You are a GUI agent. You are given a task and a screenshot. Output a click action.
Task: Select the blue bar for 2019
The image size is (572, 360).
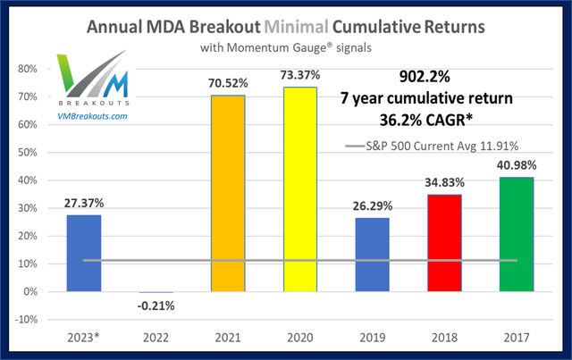tap(383, 255)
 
